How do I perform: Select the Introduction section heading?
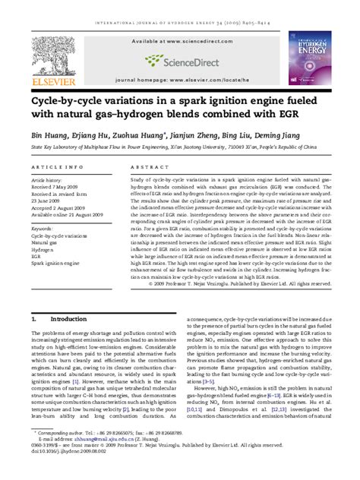[68, 320]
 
